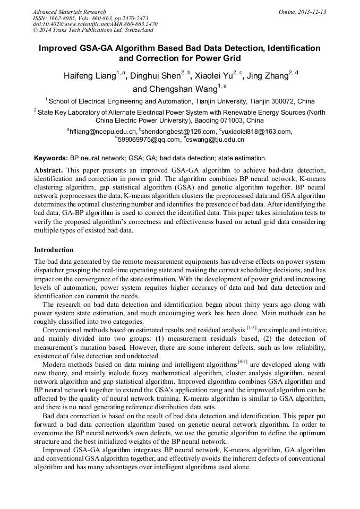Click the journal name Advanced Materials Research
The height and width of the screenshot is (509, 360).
coord(69,12)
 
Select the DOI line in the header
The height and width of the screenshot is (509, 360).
coord(95,24)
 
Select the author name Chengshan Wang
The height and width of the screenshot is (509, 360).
coord(175,89)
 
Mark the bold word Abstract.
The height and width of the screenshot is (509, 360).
coord(48,170)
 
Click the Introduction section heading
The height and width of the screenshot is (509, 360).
coord(54,249)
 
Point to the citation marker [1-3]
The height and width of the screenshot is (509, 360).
coord(251,327)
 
